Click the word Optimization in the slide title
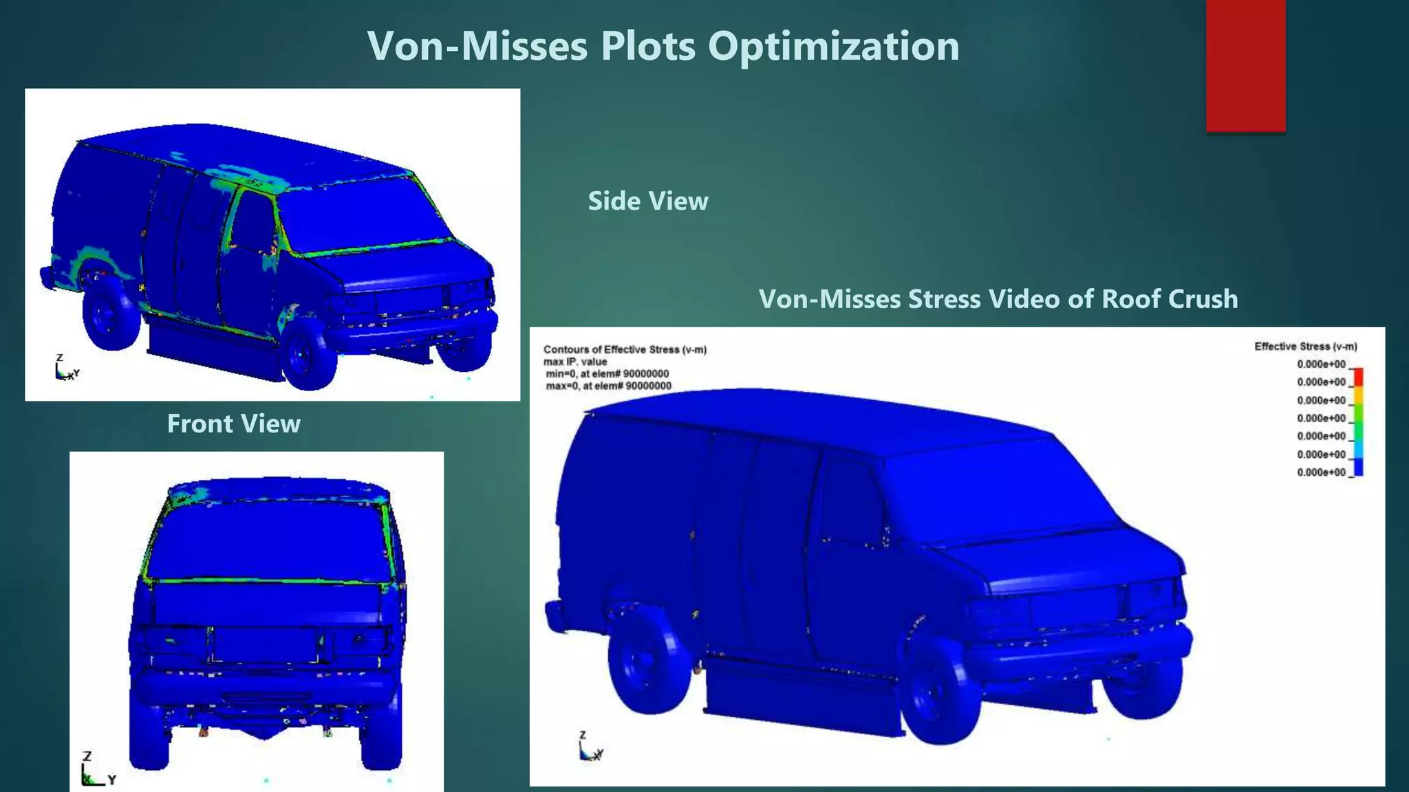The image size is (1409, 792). click(x=833, y=47)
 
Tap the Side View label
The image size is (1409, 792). click(x=647, y=201)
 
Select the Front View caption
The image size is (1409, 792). click(x=233, y=423)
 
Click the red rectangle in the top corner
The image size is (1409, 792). click(x=1245, y=65)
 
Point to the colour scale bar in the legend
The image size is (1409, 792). click(x=1358, y=422)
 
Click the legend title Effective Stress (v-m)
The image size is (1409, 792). click(x=1305, y=346)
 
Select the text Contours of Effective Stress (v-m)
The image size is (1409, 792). click(x=625, y=349)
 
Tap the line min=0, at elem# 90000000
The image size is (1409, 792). click(x=607, y=374)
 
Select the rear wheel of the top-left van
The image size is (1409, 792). click(x=109, y=314)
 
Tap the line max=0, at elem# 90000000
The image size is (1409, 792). click(x=608, y=386)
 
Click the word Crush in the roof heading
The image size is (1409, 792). click(x=1203, y=299)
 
